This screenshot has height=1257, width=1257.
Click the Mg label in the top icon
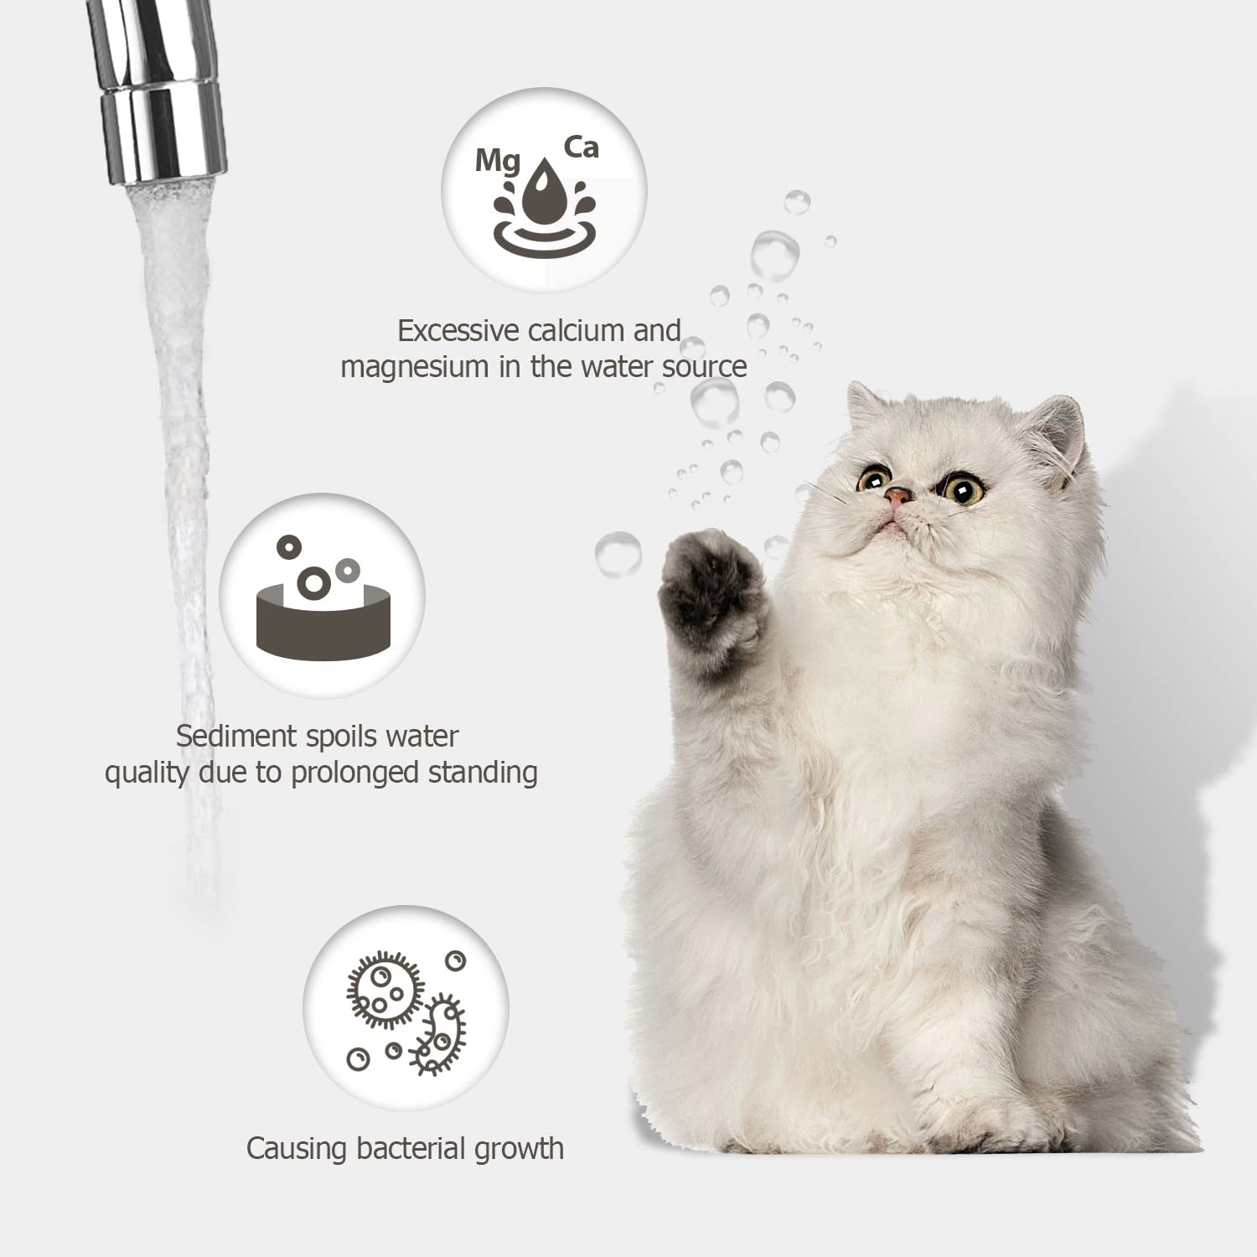click(x=497, y=160)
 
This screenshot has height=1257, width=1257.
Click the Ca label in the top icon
click(x=581, y=147)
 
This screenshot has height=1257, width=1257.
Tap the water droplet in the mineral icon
click(x=544, y=194)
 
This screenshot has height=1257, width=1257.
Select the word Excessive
click(x=458, y=331)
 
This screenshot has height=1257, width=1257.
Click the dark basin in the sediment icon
click(x=323, y=624)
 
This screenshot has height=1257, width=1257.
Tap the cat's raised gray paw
click(x=711, y=591)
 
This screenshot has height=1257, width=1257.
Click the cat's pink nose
click(x=897, y=496)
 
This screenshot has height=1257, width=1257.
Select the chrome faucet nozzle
click(x=159, y=92)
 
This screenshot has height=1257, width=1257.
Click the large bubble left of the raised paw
click(x=618, y=554)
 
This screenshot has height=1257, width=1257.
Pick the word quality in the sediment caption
click(x=147, y=773)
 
